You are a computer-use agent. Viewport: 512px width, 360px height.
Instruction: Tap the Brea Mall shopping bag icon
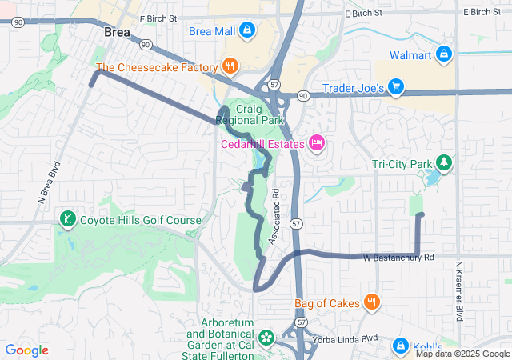246,31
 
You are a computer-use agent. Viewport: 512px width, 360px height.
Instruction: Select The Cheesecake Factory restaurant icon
230,67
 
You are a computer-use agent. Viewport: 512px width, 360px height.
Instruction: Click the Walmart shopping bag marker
445,55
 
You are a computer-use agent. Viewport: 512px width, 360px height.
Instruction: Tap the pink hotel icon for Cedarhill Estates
316,144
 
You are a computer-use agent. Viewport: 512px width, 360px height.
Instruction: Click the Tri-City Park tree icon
443,165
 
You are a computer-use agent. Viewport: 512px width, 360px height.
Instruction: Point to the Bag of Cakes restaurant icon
371,302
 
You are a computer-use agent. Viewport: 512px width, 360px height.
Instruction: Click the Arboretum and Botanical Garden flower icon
267,338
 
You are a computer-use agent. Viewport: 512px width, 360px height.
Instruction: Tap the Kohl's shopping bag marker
400,345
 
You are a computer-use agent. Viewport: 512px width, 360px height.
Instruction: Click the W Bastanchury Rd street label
398,258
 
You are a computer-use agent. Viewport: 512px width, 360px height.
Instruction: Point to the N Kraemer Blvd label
459,292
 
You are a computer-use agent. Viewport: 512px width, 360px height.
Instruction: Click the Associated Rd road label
274,216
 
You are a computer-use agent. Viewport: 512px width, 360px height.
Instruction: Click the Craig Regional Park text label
250,114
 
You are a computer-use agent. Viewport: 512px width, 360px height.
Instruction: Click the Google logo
26,350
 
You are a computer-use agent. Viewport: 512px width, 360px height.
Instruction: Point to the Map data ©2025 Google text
462,354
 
